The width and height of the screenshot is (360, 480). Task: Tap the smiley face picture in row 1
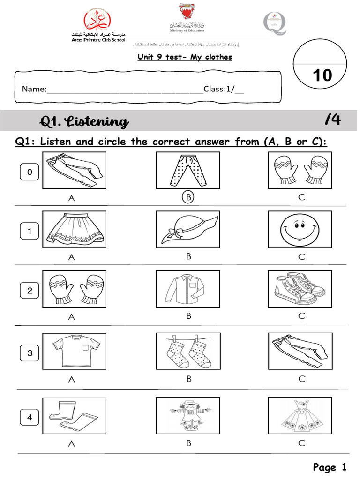point(300,229)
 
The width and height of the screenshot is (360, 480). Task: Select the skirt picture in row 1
point(74,229)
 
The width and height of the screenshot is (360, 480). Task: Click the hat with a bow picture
point(188,229)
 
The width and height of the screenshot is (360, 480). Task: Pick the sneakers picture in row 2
point(300,288)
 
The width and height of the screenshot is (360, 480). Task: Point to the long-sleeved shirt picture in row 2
point(188,288)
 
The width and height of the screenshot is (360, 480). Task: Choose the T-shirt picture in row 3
point(74,349)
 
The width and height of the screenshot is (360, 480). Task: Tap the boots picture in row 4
point(74,415)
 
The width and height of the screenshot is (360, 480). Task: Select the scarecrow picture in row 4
point(188,415)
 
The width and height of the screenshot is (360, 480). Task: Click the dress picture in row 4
point(300,415)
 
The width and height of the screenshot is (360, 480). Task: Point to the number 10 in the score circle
point(322,75)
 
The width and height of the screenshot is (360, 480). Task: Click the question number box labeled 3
point(30,353)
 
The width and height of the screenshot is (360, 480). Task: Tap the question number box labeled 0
point(30,172)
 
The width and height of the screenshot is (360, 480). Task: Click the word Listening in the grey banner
point(98,122)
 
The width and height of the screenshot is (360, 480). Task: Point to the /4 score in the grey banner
point(333,120)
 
